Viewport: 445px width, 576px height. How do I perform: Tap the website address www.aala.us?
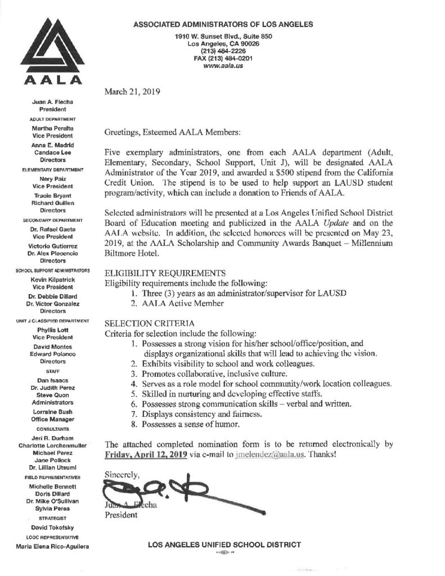click(224, 65)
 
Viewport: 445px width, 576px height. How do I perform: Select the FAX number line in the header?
click(224, 58)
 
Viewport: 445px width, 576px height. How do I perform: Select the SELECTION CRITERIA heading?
click(149, 323)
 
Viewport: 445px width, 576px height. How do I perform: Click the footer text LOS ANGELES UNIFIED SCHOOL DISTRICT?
click(224, 544)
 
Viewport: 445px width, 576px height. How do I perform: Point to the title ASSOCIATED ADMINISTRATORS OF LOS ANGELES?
click(224, 24)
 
